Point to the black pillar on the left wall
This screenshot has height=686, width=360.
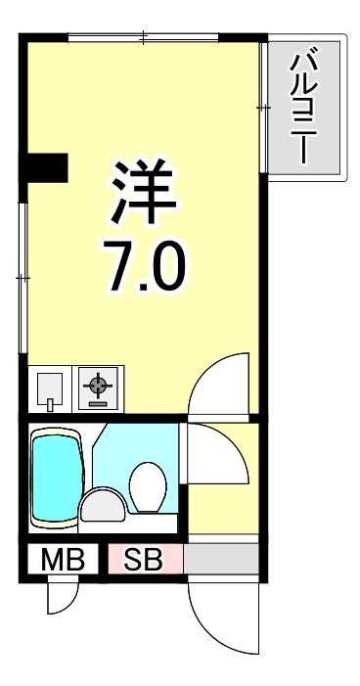point(46,167)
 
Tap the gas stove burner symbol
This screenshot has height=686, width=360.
point(97,389)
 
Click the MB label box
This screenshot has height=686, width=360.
point(61,560)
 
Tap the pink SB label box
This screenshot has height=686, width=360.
point(144,560)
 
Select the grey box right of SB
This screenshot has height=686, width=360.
point(220,560)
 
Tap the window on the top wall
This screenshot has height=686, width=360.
point(143,38)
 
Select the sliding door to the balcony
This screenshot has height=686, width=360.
point(264,106)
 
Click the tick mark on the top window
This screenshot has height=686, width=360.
point(143,38)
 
